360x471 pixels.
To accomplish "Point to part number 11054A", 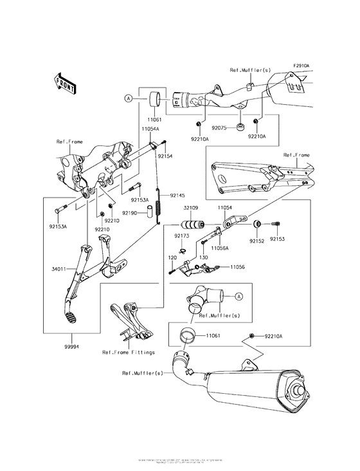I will click(150, 129).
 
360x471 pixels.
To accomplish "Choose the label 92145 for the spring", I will click(177, 195).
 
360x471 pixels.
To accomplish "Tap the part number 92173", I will click(181, 236).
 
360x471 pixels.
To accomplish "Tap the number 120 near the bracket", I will click(172, 257).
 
